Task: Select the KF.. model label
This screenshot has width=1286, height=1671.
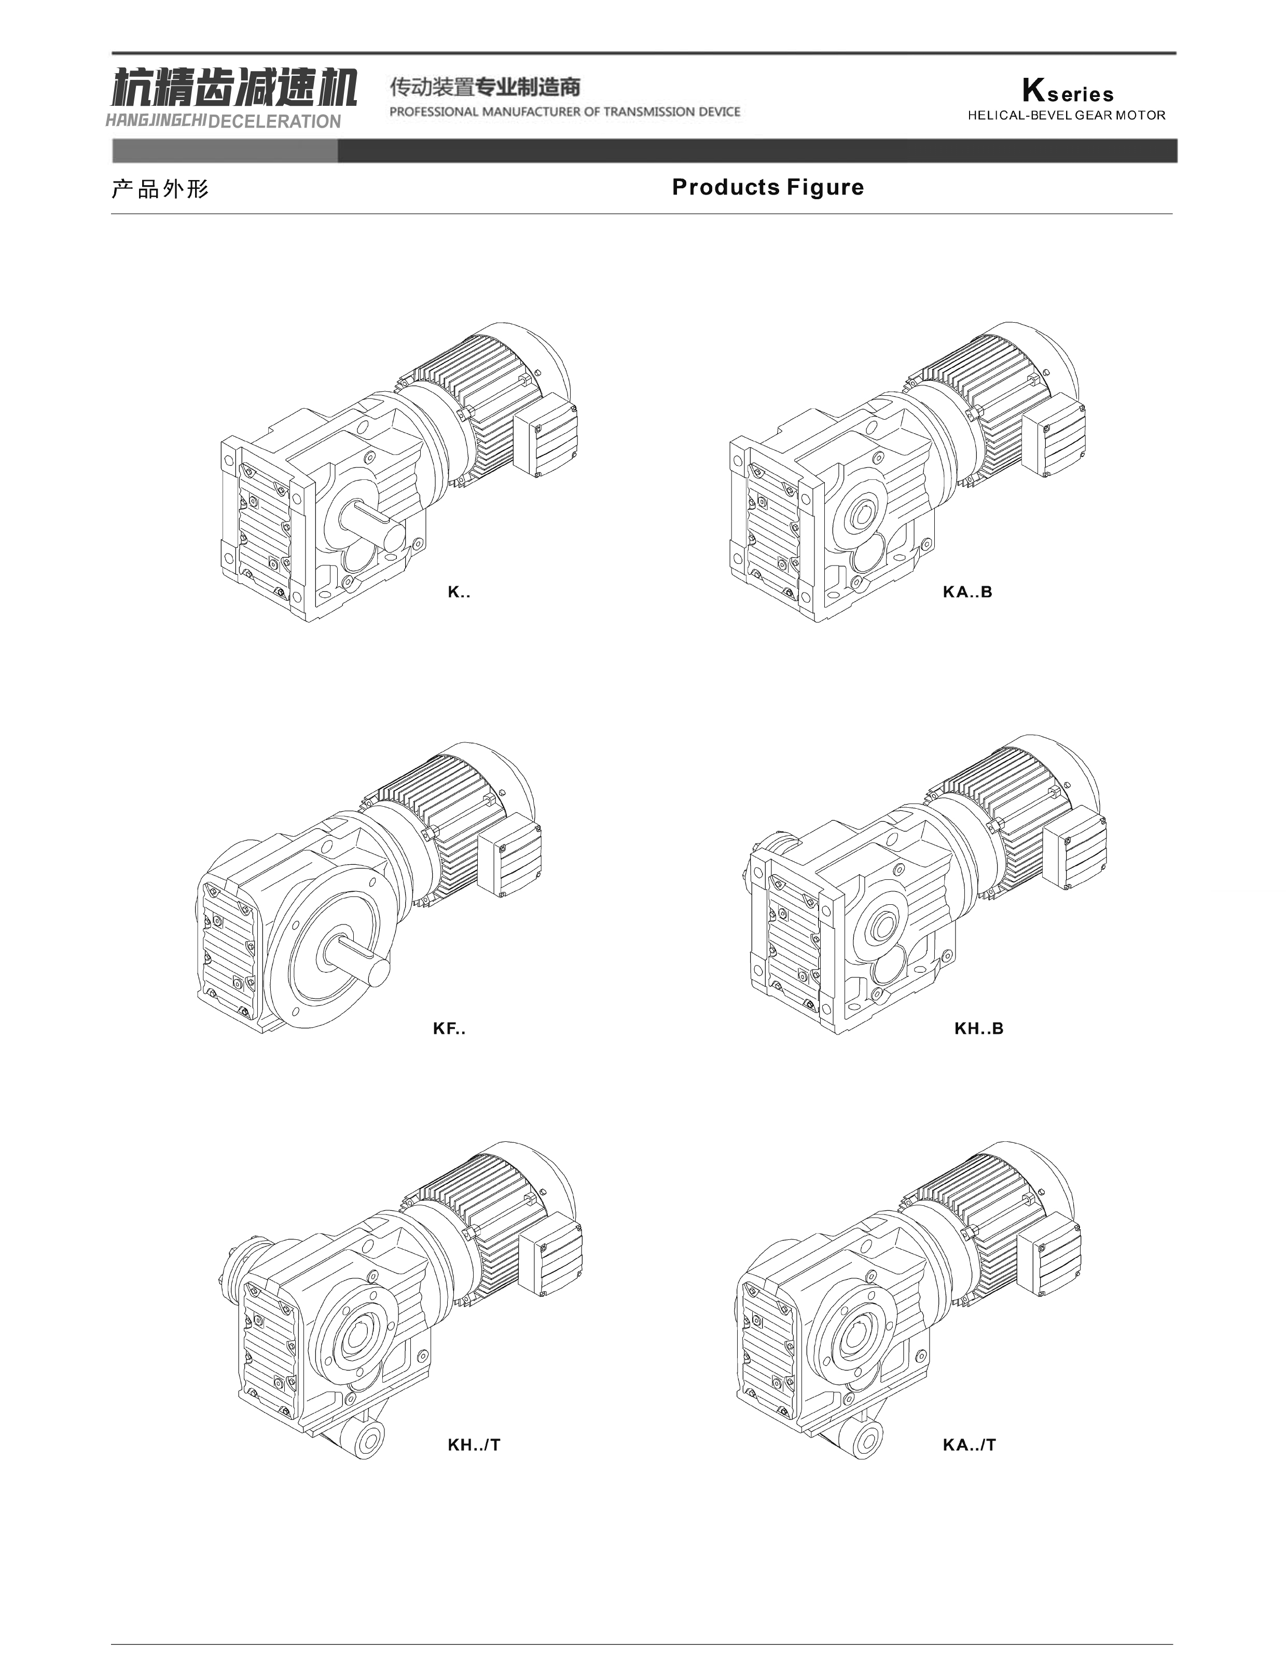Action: pos(449,1028)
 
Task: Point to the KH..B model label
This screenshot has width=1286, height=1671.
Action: pos(978,1028)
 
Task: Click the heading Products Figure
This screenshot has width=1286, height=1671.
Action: pos(768,187)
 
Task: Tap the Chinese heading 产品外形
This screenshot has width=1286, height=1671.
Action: pos(160,189)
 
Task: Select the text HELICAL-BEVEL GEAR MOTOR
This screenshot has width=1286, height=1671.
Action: pos(1067,116)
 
